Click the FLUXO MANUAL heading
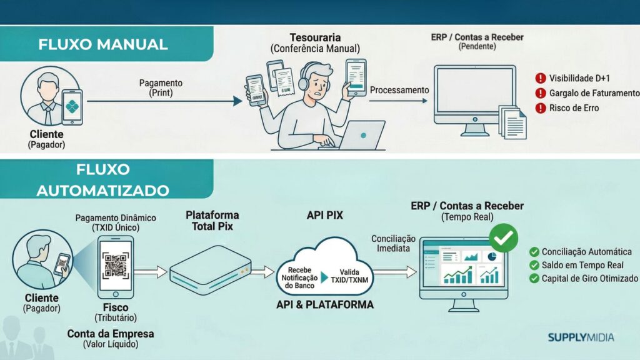(x=103, y=44)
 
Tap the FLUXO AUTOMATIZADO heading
(x=103, y=180)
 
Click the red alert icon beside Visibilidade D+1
(x=541, y=78)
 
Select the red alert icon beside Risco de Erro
(x=541, y=108)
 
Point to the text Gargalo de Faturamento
(x=594, y=94)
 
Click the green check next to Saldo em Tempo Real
(x=534, y=265)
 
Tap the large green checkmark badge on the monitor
(x=504, y=237)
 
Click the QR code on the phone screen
(x=116, y=265)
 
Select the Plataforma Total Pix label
(x=212, y=221)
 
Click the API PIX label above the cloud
(x=325, y=216)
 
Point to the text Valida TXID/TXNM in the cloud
(x=349, y=276)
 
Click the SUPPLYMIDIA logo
(x=581, y=337)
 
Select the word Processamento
(x=399, y=90)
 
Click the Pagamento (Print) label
(x=161, y=87)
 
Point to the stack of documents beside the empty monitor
(x=512, y=122)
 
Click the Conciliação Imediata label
(x=393, y=244)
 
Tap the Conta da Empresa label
(x=111, y=334)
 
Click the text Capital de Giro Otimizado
(x=590, y=279)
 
